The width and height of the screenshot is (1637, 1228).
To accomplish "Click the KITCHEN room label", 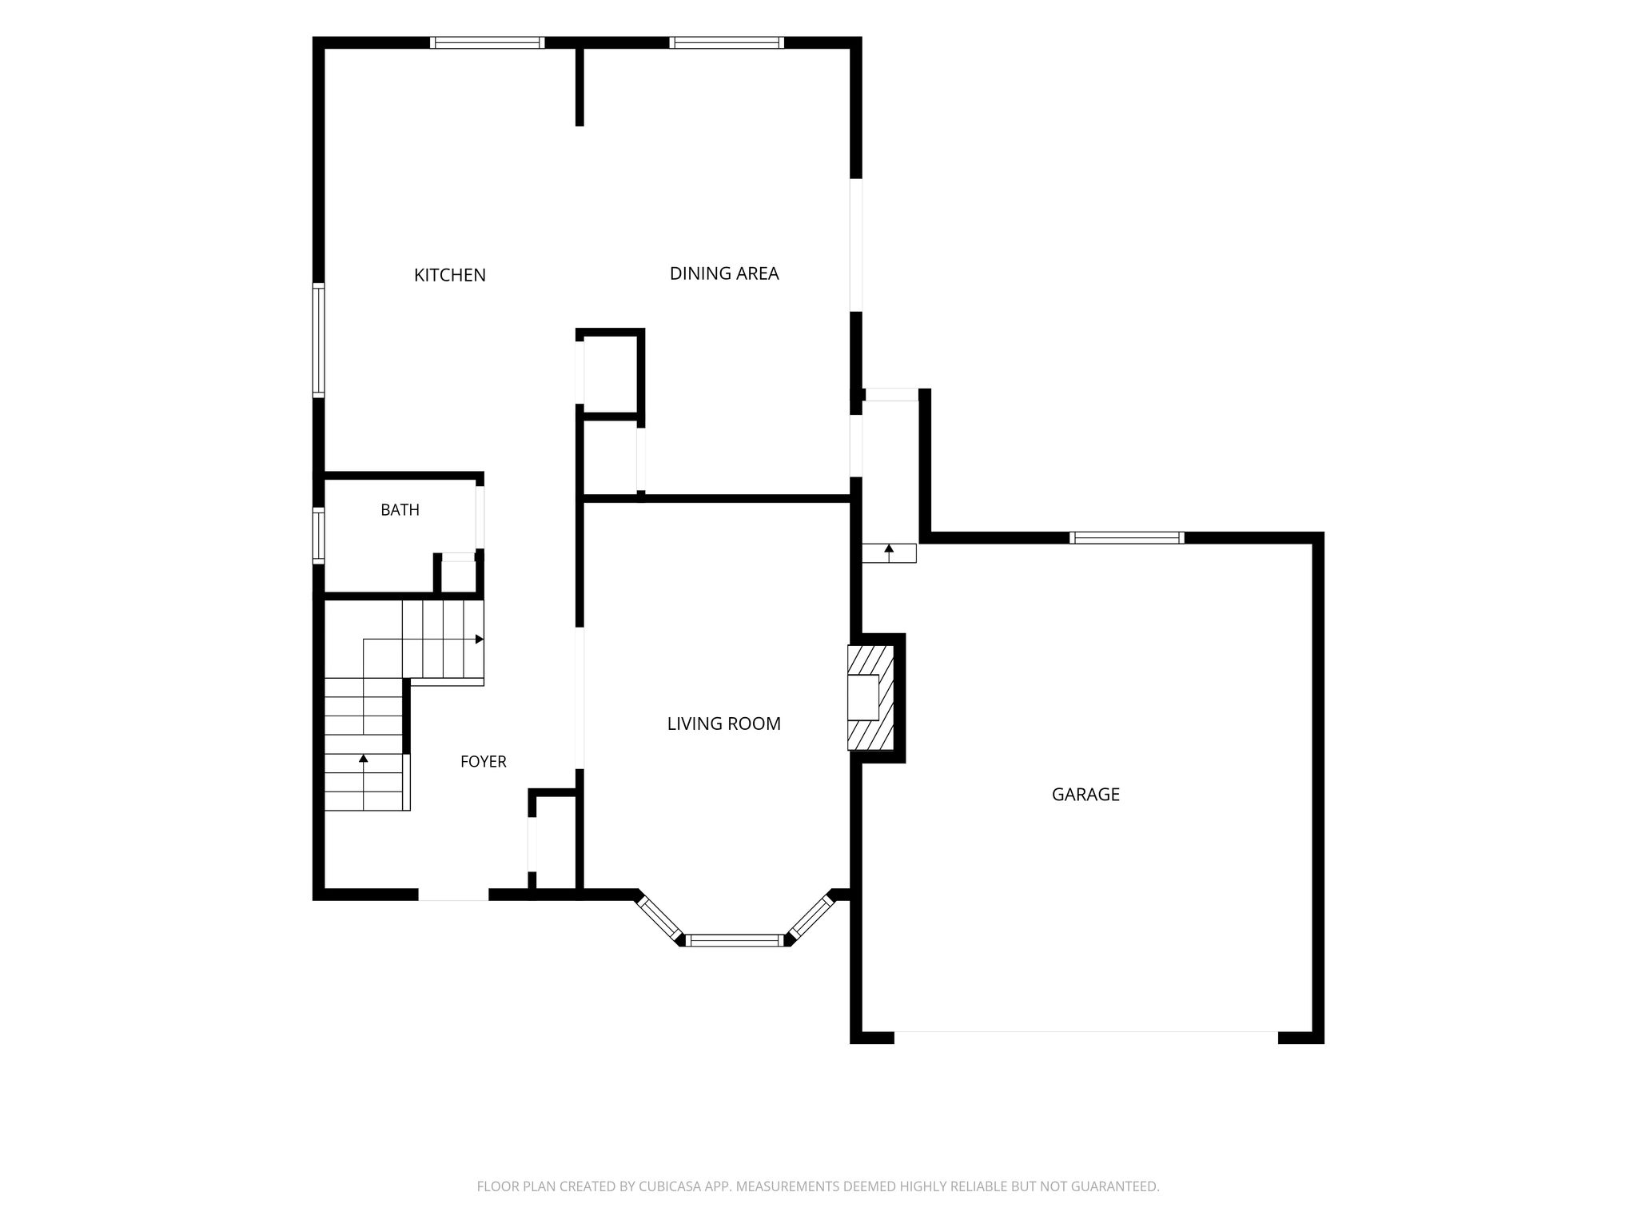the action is tap(450, 275).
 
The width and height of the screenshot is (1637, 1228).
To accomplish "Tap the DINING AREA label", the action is tap(724, 273).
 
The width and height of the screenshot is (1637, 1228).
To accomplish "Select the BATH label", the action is tap(400, 510).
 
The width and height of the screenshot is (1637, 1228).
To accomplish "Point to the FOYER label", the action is tap(484, 762).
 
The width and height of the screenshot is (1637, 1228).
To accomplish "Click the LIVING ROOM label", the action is tap(724, 724).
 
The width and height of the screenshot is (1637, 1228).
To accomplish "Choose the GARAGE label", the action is tap(1085, 795).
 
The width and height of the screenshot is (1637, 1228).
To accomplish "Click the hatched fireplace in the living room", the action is tap(870, 698).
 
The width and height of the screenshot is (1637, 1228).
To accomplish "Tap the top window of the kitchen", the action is tap(488, 43).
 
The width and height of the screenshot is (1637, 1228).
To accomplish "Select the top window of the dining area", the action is tap(727, 43).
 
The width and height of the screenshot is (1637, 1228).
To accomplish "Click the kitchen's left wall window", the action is tap(318, 340).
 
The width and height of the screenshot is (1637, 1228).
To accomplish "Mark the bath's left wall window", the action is tap(318, 536).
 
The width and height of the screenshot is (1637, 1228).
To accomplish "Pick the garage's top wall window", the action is tap(1127, 538).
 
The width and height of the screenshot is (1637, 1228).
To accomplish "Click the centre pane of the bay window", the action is tap(735, 941).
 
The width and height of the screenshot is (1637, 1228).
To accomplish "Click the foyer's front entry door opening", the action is tap(453, 895).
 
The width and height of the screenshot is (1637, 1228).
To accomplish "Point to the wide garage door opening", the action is tap(1085, 1038).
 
